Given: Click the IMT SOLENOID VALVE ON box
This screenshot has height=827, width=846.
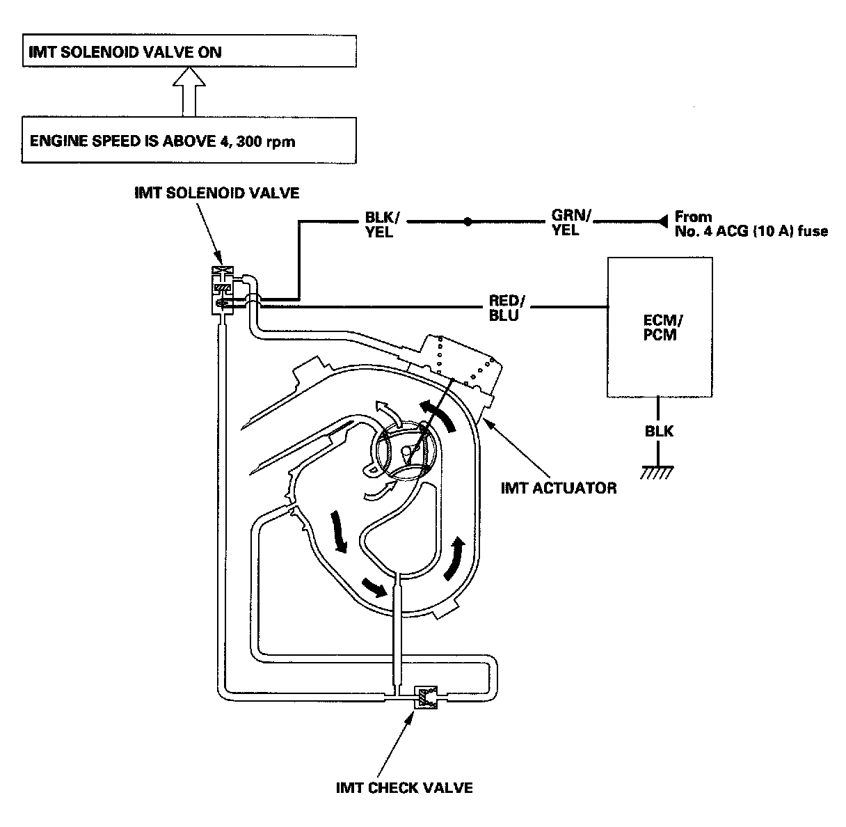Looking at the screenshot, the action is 189,51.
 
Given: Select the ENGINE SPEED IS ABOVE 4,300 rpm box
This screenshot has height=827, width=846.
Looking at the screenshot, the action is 189,140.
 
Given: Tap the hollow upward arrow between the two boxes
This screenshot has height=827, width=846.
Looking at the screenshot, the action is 189,92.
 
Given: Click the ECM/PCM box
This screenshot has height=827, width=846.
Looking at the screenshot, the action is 660,327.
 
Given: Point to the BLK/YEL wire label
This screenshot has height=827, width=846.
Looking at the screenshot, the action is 381,224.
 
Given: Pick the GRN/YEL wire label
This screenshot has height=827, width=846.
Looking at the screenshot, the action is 570,222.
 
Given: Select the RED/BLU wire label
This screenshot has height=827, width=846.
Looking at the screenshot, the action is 506,308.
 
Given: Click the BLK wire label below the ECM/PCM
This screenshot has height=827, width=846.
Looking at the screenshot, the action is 659,431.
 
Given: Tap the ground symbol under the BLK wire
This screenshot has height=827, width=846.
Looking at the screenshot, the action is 657,473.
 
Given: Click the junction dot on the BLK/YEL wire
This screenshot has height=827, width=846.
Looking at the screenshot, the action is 468,222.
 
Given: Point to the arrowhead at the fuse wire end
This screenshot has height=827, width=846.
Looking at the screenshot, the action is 662,221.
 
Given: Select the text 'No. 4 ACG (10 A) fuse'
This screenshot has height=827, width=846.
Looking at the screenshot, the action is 751,231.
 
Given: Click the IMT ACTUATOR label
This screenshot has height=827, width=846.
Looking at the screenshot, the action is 559,488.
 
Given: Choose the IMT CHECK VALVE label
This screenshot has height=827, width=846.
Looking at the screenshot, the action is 404,788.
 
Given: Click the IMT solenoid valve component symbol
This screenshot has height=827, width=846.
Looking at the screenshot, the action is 223,290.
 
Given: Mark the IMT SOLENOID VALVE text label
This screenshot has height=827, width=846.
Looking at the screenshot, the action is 216,193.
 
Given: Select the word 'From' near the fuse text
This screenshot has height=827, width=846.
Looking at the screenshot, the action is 693,216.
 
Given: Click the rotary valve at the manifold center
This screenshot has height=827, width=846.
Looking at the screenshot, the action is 404,451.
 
